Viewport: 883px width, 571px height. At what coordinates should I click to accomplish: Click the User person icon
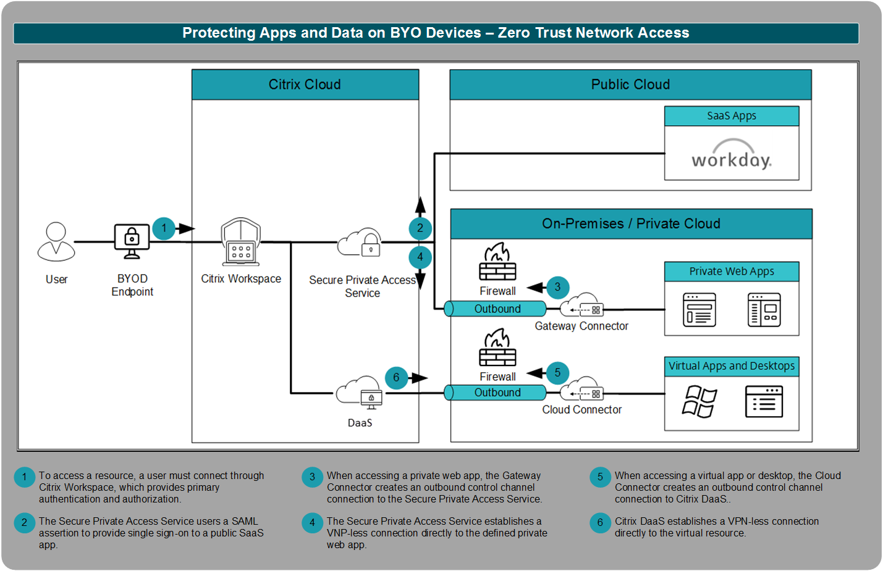(56, 241)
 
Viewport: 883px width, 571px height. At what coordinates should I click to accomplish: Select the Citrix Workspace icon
(241, 242)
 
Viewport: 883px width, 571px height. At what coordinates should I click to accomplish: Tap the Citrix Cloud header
(305, 85)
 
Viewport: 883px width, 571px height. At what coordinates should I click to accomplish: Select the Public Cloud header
(630, 85)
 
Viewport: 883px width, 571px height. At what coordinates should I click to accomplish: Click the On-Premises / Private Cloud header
(631, 223)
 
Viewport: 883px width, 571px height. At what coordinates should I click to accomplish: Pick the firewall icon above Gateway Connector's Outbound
(497, 262)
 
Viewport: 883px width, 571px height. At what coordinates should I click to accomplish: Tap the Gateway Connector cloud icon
(581, 306)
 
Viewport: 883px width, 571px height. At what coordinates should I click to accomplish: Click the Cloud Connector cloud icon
(581, 390)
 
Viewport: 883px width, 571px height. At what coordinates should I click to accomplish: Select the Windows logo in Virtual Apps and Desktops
(699, 402)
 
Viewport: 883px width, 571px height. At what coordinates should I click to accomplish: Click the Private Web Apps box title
(732, 272)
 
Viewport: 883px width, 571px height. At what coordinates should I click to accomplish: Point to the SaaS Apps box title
(732, 116)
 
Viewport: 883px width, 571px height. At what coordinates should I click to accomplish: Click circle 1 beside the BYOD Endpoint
(164, 228)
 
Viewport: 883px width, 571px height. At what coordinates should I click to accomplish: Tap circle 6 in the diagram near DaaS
(396, 378)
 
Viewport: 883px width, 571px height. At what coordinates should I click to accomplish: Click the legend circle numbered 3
(312, 477)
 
